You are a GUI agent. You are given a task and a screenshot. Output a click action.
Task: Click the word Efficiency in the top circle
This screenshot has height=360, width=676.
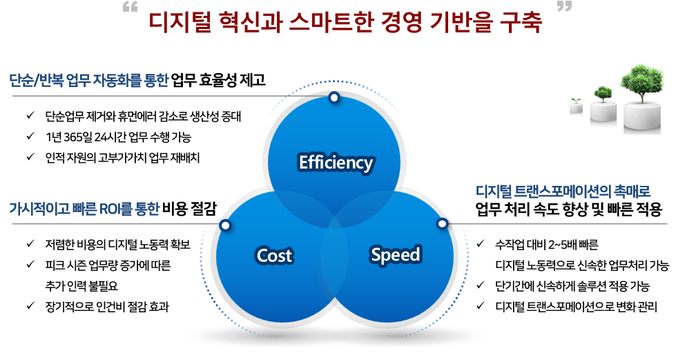[336, 163]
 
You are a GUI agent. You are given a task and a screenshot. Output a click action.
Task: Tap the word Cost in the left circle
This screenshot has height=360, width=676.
[274, 256]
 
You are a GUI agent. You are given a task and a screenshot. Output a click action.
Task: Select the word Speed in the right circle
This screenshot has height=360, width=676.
[395, 255]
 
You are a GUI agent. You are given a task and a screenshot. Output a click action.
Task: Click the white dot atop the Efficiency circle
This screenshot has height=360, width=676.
[334, 98]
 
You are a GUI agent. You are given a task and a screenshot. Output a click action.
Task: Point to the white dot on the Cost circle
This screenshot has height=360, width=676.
[224, 225]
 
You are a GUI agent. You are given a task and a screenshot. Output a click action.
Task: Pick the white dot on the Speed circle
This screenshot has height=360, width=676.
[442, 224]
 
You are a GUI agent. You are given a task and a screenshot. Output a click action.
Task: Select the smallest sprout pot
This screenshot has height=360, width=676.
[577, 106]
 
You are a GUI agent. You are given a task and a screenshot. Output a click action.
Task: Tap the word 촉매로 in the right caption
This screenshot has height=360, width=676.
[636, 191]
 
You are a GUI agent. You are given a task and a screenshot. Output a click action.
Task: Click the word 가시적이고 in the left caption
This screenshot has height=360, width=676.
[35, 208]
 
